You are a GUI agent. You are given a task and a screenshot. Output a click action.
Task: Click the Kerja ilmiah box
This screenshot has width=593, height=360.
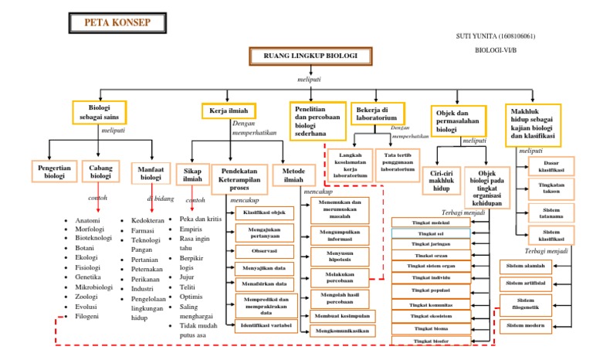point(229,111)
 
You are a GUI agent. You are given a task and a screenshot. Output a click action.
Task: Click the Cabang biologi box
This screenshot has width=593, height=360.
point(102,172)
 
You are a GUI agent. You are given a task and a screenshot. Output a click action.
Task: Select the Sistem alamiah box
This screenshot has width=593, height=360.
point(526,267)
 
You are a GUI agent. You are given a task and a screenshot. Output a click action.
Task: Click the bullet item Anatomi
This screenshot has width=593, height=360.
point(87,221)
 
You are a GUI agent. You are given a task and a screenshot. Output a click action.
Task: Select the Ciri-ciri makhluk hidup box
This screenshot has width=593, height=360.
point(440,182)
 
